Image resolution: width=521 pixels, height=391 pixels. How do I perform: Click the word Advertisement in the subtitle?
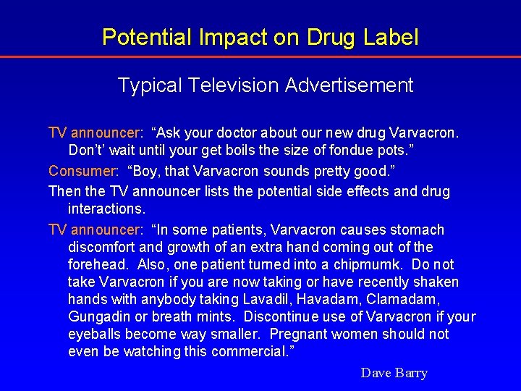pos(349,85)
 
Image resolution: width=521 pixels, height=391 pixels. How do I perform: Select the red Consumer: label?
pos(83,172)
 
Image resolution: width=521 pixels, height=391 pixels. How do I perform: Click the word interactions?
pos(107,209)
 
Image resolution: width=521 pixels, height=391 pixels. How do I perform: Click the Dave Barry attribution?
pos(394,373)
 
